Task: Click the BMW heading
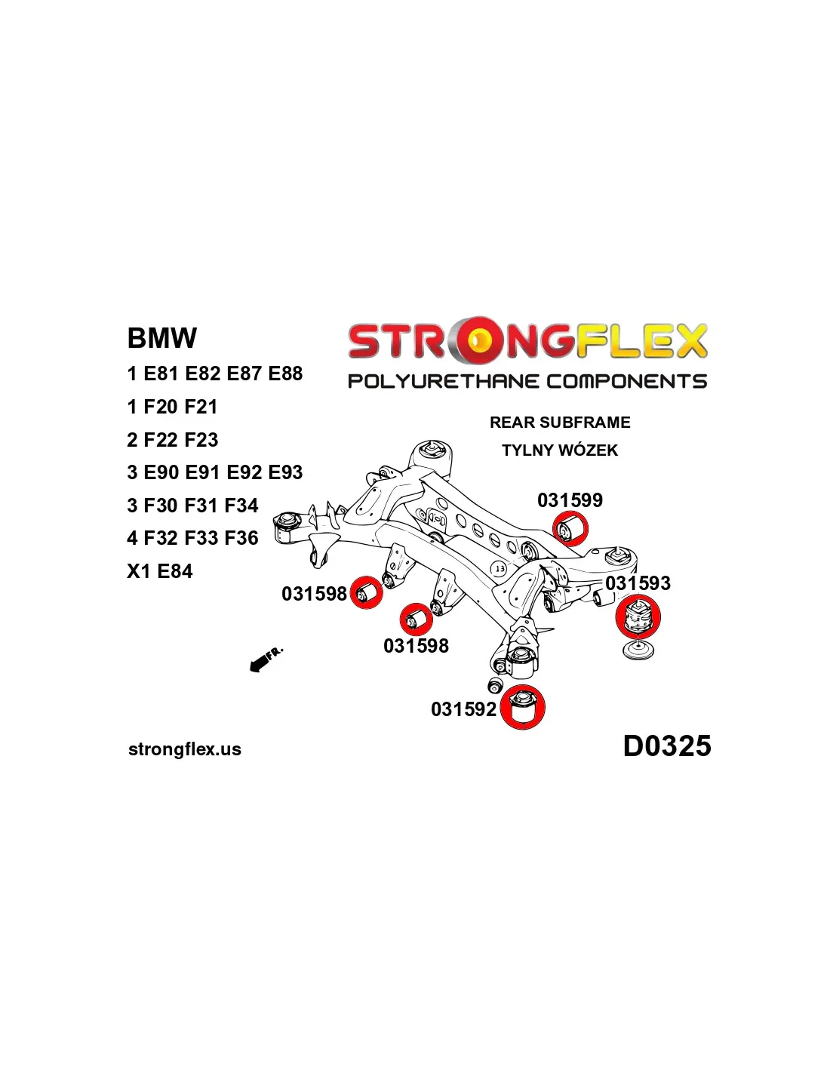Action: (162, 338)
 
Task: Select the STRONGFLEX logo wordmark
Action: (527, 340)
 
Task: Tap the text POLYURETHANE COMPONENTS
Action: (527, 381)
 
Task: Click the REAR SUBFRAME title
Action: (560, 423)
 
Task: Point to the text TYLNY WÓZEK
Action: (560, 450)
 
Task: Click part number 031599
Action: (570, 500)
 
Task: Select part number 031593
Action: (638, 583)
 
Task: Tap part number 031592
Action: (463, 709)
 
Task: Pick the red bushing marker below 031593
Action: (638, 616)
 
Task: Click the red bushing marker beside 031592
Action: (522, 707)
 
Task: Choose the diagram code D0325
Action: (667, 746)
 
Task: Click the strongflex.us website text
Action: (185, 749)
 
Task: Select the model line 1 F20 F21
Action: (173, 407)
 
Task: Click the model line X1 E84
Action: (160, 571)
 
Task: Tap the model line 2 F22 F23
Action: (173, 440)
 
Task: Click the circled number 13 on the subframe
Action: (500, 568)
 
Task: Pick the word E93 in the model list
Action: (285, 472)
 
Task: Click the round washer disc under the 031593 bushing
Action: (639, 650)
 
